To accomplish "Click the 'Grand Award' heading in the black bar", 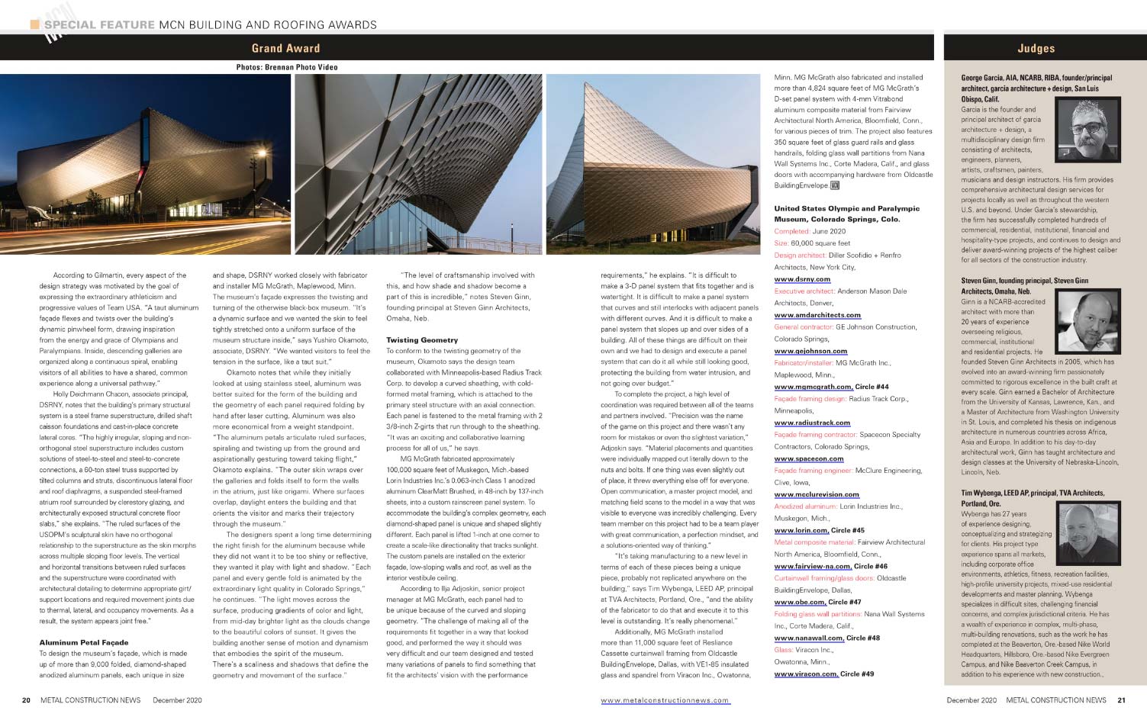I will point(285,48).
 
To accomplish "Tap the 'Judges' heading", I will point(1036,48).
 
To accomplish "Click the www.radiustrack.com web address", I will point(811,423).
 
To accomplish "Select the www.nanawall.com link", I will point(807,638).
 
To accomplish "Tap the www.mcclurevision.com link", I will point(817,494).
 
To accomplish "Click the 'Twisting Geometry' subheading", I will point(422,340).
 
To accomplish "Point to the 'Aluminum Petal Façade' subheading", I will point(84,642).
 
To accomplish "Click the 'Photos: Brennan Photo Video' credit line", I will point(287,67).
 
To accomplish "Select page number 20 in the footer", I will point(26,700).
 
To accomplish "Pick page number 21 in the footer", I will point(1121,700).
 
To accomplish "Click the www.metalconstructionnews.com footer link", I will point(665,700).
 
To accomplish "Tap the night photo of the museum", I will point(145,164).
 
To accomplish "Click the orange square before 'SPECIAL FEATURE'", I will point(34,24).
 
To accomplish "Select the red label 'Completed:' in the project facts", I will point(791,231).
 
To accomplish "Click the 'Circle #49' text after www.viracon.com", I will point(857,674).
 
